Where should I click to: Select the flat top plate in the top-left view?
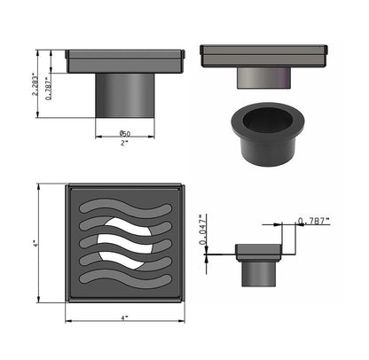[x=124, y=62]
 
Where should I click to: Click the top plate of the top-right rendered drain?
[x=263, y=55]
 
